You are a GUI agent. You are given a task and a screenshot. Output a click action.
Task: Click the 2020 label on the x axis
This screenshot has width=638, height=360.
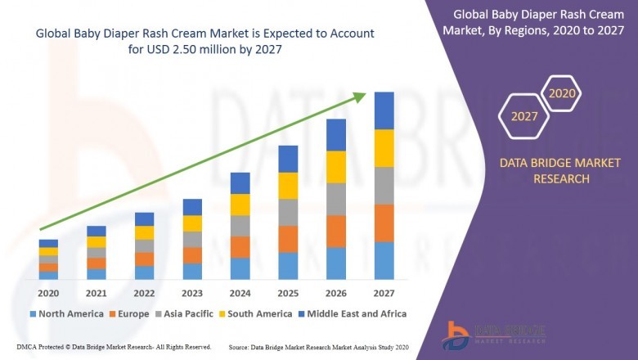pos(48,293)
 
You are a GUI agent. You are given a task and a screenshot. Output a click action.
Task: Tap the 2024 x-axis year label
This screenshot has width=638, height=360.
pos(240,293)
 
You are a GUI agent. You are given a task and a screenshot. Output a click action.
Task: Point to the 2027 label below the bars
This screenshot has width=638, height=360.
pos(384,293)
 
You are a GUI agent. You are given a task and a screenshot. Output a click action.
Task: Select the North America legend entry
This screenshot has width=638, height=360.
pos(66,313)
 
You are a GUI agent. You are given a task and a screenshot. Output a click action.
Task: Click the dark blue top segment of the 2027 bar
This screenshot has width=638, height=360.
pos(384,110)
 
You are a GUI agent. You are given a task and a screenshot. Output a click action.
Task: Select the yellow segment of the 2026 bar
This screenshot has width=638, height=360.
pos(336,167)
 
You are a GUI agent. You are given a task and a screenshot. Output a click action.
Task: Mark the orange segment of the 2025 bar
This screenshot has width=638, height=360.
pos(288,239)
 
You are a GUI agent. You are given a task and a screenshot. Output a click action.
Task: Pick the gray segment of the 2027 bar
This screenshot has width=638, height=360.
pos(384,186)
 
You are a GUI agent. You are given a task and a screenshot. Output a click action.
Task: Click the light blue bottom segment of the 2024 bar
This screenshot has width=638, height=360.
pos(240,268)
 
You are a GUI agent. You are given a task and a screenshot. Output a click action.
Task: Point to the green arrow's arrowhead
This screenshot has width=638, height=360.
pos(360,97)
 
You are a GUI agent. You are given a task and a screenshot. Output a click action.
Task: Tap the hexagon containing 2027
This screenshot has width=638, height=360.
pos(524,116)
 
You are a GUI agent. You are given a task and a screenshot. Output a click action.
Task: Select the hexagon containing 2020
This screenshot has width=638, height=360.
pos(562,93)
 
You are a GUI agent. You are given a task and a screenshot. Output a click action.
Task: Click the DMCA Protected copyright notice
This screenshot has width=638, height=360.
pos(114,347)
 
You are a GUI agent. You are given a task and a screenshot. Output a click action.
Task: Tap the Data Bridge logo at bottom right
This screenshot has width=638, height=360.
pos(492,334)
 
